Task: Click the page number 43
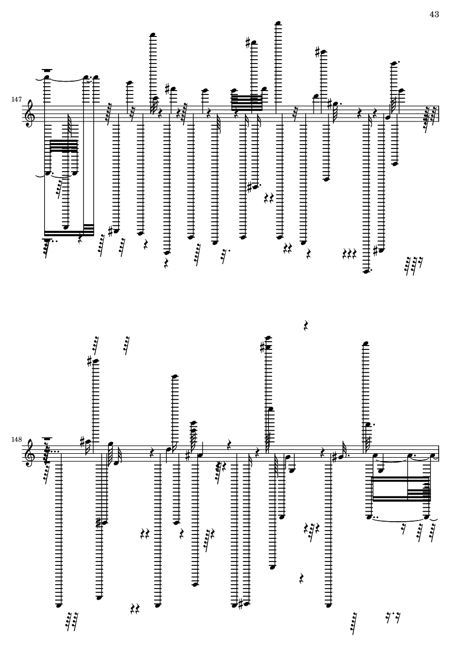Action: click(x=434, y=14)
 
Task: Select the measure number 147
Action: click(x=16, y=100)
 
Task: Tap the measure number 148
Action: click(x=16, y=439)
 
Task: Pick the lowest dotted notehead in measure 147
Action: click(x=366, y=272)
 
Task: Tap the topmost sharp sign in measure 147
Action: click(x=248, y=43)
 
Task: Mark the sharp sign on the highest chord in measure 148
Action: click(x=262, y=346)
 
